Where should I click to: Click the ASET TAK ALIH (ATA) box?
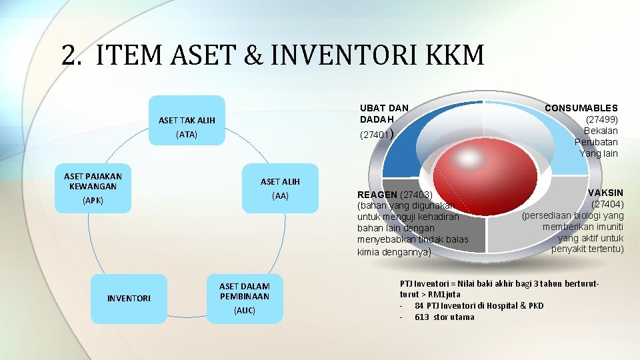coord(187,127)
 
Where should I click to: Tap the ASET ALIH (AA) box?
coord(280,189)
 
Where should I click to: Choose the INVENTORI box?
coord(129,299)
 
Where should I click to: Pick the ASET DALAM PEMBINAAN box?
coord(244,298)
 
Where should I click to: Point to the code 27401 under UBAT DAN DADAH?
coord(373,135)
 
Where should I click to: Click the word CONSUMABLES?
coord(581,108)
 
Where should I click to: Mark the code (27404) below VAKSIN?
coord(607,205)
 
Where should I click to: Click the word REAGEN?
coord(377,195)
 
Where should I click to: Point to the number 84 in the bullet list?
coord(420,306)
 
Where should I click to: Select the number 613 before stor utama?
coord(422,317)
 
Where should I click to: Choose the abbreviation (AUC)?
coord(244,311)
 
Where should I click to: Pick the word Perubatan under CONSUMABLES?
coord(596,142)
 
